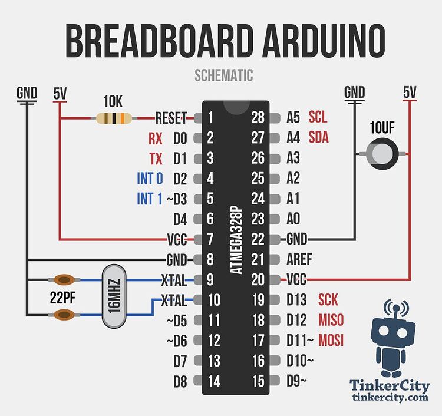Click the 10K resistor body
point(114,118)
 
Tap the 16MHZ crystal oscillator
point(114,296)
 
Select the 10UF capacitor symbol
point(382,154)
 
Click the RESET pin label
point(171,118)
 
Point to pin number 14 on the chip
point(215,381)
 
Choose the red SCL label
point(318,117)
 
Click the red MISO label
point(331,320)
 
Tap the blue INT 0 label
point(150,179)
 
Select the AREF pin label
point(299,259)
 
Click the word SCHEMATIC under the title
point(224,75)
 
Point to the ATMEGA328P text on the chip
point(236,240)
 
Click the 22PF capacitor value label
point(63,297)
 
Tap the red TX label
point(156,159)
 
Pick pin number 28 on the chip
point(258,117)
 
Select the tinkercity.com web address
point(390,397)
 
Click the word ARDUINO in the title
point(324,41)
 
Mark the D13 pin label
point(296,299)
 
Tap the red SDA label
point(318,137)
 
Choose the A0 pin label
point(293,219)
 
